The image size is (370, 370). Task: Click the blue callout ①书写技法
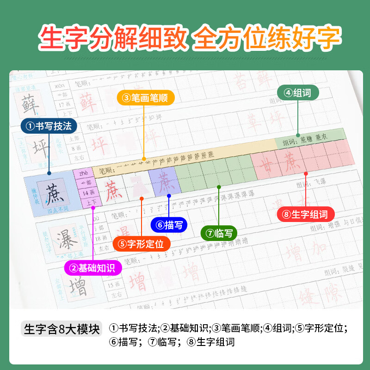tap(49, 126)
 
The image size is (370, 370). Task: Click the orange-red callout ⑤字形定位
tap(142, 244)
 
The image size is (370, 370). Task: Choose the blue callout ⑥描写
tap(169, 225)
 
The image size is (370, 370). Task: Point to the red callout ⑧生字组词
tap(306, 214)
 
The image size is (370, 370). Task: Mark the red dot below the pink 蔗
tap(306, 174)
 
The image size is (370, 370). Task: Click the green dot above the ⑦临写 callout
tap(219, 187)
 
